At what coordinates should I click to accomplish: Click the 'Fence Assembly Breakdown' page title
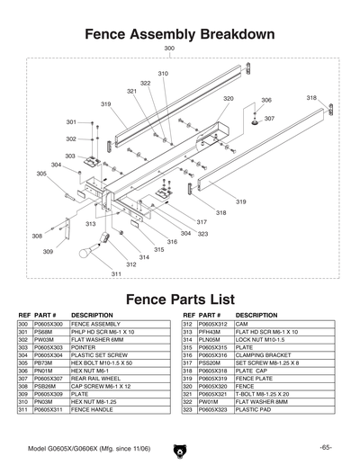(x=178, y=34)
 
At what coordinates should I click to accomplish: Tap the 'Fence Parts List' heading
(x=179, y=299)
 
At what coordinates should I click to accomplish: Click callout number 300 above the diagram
(x=169, y=49)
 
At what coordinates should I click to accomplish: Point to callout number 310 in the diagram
(x=163, y=74)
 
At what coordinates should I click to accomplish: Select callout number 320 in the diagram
(x=229, y=99)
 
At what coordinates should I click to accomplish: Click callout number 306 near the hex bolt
(x=266, y=101)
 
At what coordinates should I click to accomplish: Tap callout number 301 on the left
(x=71, y=121)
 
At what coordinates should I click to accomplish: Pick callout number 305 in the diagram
(x=41, y=174)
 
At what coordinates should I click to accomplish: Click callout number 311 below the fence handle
(x=116, y=273)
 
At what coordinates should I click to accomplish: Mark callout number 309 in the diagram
(x=48, y=253)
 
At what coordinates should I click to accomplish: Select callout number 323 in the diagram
(x=202, y=234)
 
